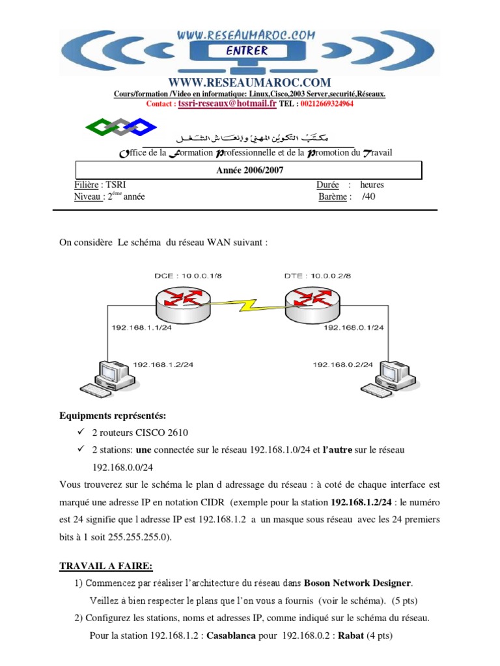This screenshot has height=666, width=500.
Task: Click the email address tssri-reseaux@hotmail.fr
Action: point(227,103)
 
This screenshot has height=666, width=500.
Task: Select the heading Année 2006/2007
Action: point(249,170)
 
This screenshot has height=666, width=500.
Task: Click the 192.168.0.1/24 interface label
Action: point(354,327)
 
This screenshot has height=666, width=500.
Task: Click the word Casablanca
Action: point(235,635)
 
